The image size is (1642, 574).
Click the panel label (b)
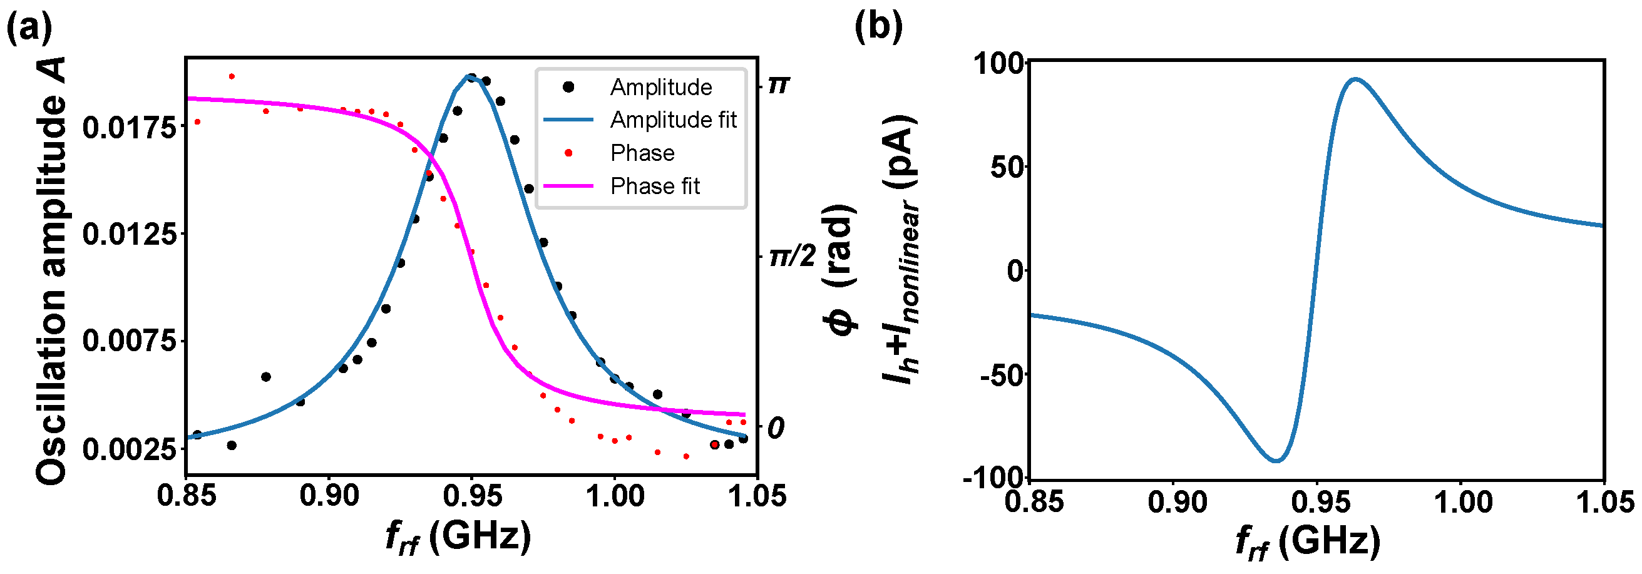878,27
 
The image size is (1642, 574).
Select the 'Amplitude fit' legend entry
672,120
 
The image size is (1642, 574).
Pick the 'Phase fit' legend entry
655,186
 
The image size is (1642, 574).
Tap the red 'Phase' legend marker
568,153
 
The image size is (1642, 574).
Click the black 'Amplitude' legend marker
568,86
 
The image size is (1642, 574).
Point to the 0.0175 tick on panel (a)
130,128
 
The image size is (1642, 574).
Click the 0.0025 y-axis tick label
130,449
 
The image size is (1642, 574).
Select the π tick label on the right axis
779,85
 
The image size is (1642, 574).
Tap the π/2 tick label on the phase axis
792,257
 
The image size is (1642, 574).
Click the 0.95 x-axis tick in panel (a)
472,496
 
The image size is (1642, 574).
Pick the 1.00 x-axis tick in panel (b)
1464,502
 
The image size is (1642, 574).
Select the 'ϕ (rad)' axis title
841,270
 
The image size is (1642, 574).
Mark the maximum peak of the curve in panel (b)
1355,79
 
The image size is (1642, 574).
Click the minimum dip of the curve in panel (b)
1277,460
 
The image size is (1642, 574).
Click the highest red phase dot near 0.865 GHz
232,76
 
